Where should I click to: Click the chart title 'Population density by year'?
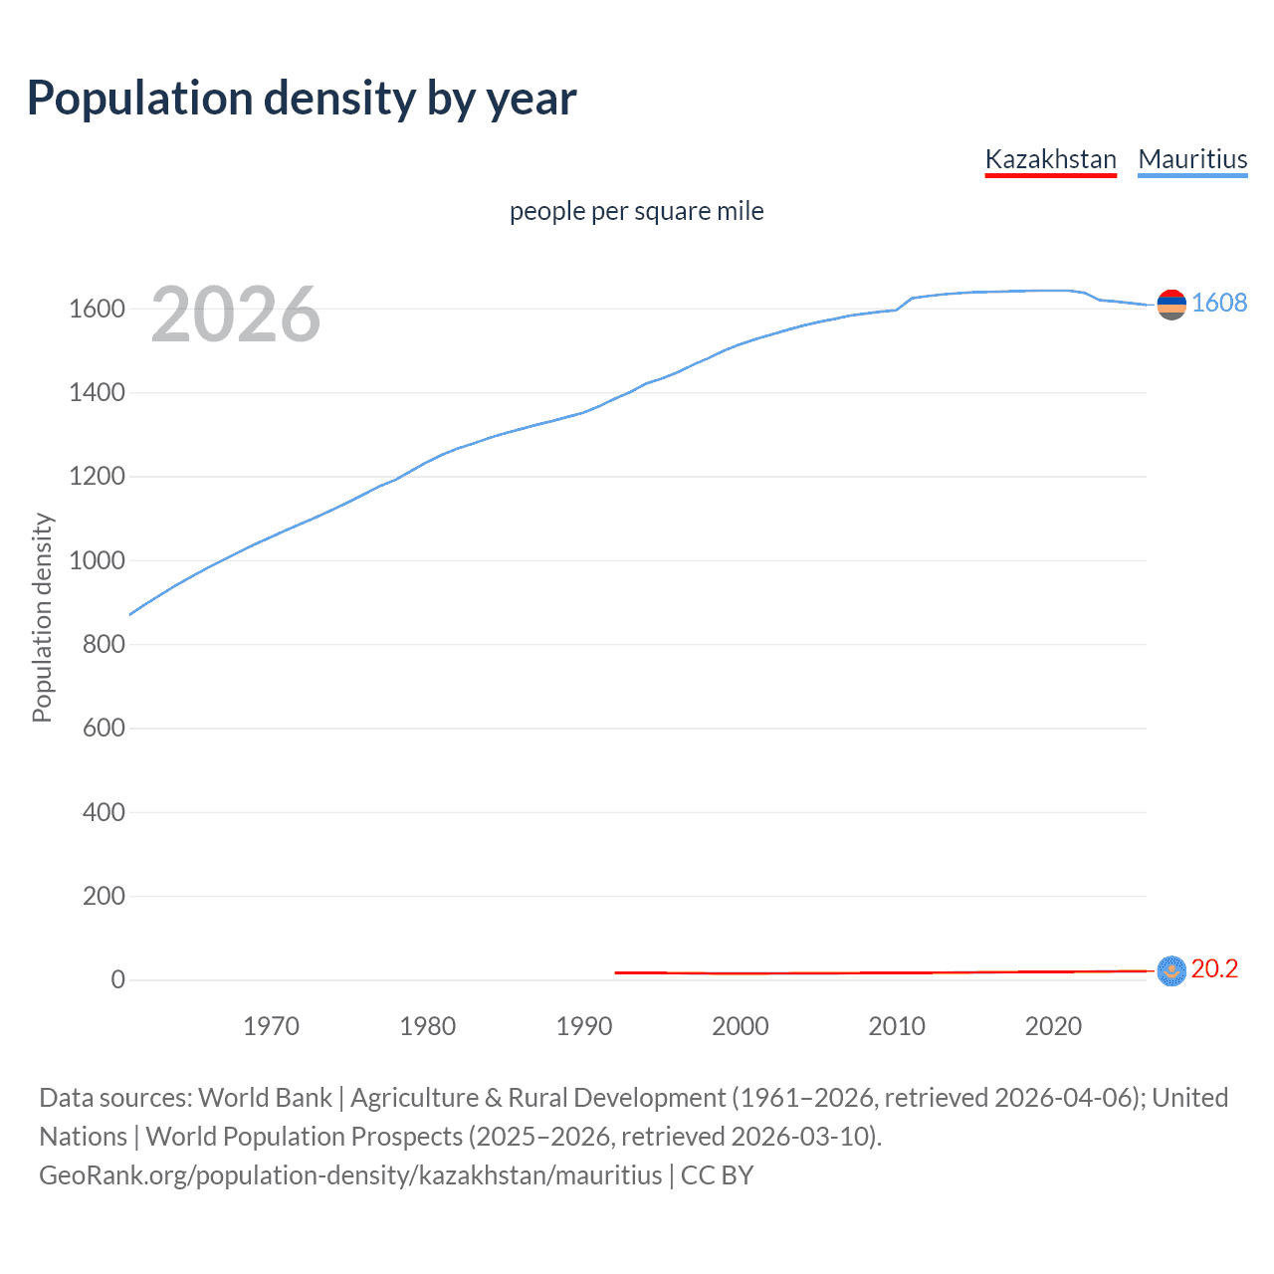coord(302,99)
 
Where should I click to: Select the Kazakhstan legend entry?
coord(1050,159)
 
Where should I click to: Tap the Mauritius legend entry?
coord(1192,159)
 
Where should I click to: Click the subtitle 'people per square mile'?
coord(636,211)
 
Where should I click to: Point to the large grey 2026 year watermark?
coord(236,315)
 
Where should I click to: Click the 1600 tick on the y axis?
coord(97,309)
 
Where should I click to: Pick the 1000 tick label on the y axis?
coord(97,560)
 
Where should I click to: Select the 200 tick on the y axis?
coord(104,896)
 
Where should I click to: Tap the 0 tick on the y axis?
coord(117,979)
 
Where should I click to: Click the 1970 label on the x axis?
coord(271,1026)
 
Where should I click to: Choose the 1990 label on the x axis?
coord(584,1026)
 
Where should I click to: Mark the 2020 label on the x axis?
coord(1053,1026)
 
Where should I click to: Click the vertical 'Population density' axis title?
coord(42,617)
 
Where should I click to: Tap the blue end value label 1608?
coord(1219,303)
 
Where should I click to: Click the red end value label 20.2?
coord(1214,968)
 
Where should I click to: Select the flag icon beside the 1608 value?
coord(1171,305)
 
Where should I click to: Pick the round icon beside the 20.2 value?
coord(1171,970)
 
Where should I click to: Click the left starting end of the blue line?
coord(131,614)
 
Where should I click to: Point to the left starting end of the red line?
coord(617,972)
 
